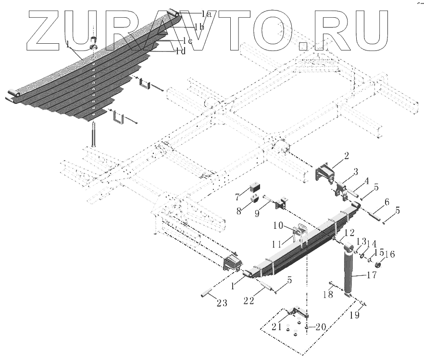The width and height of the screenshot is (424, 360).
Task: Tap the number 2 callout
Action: pos(346,156)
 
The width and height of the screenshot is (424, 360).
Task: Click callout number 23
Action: pos(222,303)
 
